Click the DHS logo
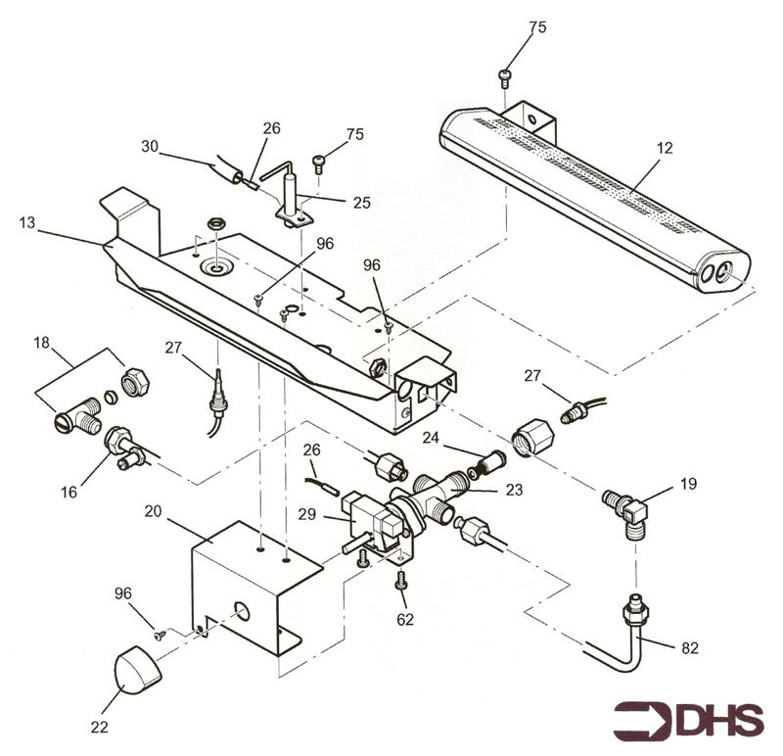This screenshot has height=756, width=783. [x=688, y=720]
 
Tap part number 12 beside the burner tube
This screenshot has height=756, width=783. [x=665, y=148]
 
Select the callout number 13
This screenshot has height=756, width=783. [x=27, y=222]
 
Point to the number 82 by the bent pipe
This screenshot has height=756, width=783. [x=690, y=648]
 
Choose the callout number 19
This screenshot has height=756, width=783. [x=688, y=484]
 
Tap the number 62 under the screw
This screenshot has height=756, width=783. [x=405, y=620]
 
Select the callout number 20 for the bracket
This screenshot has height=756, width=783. [x=154, y=511]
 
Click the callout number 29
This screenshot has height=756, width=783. [x=307, y=514]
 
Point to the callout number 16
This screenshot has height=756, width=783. [x=69, y=493]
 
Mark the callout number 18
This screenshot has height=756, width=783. [x=42, y=343]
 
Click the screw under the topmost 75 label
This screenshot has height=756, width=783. [x=504, y=76]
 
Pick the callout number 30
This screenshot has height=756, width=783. [x=150, y=147]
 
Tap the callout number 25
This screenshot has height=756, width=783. [x=362, y=203]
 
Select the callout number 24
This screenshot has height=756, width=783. [x=431, y=438]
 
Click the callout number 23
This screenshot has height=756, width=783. [x=515, y=490]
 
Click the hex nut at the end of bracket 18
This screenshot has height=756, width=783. [x=136, y=381]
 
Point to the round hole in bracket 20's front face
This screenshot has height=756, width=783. [x=242, y=612]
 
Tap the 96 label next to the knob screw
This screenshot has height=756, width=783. [x=123, y=593]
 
